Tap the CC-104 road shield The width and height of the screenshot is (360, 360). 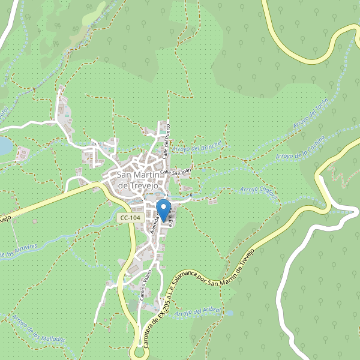(130, 218)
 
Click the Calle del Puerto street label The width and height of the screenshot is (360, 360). (169, 139)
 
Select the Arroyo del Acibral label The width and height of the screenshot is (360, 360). (200, 313)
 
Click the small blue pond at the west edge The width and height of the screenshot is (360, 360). (4, 146)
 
